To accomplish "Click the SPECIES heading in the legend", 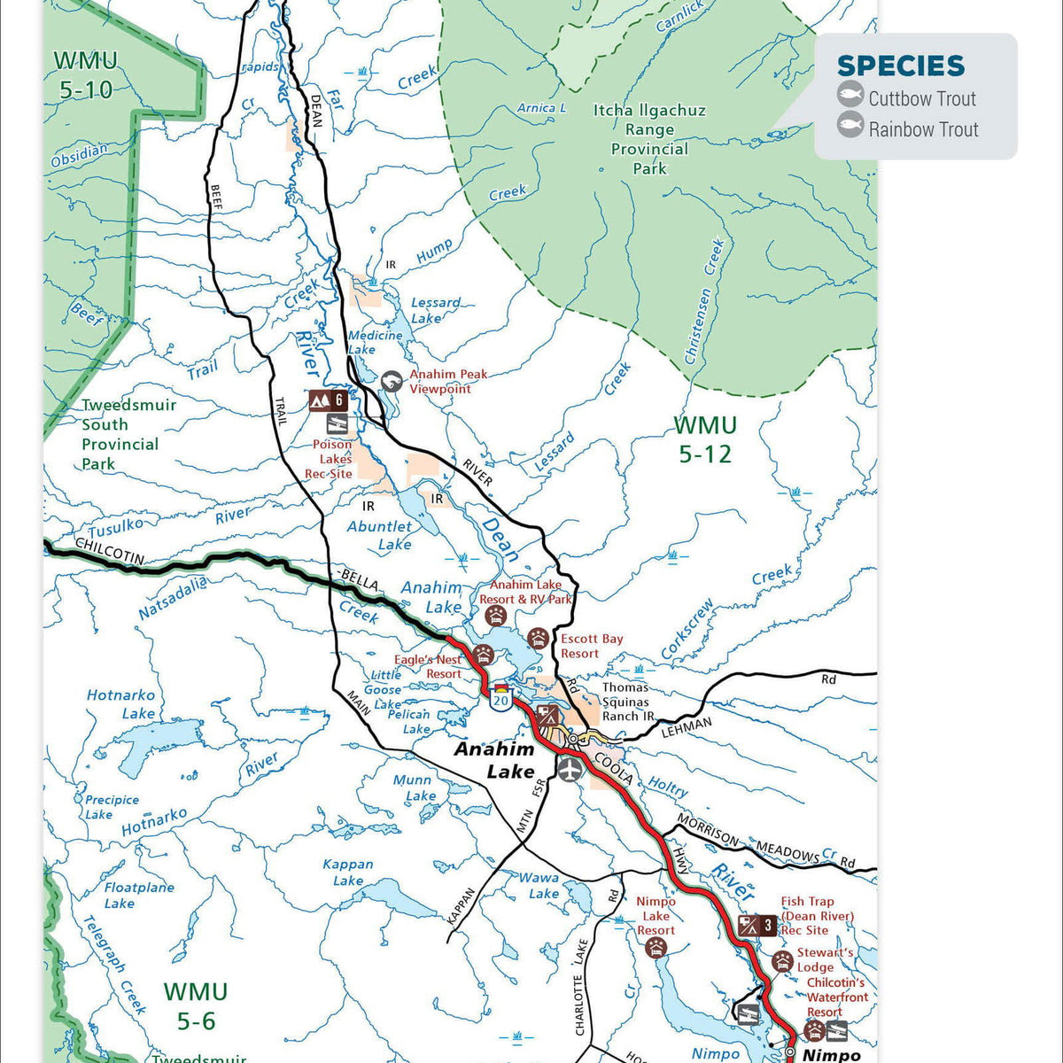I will click(x=900, y=66).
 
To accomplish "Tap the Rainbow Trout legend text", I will click(x=923, y=129).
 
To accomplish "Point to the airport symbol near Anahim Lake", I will click(x=569, y=768).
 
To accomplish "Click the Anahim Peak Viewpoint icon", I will click(x=391, y=382).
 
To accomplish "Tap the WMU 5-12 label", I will click(x=705, y=439).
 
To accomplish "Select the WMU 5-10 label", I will click(x=85, y=74).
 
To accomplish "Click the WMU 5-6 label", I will click(x=196, y=1005).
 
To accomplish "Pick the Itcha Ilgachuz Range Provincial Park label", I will click(x=649, y=139).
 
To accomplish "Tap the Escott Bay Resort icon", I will click(x=538, y=638).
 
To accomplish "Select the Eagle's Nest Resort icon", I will click(x=484, y=656).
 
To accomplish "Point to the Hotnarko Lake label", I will click(x=121, y=704).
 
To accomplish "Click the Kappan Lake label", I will click(x=348, y=872).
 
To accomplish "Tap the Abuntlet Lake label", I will click(x=380, y=535).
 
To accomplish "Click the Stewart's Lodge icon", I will click(x=780, y=961).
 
